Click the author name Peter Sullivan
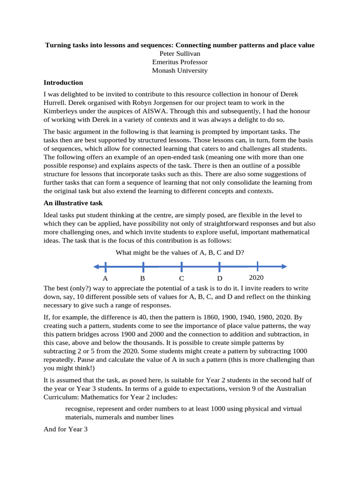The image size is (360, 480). pyautogui.click(x=180, y=53)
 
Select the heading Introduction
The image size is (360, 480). pyautogui.click(x=63, y=82)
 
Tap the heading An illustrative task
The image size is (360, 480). pyautogui.click(x=73, y=203)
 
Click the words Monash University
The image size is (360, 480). pyautogui.click(x=180, y=71)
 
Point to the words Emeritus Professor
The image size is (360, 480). pyautogui.click(x=180, y=62)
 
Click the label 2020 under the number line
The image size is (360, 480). pyautogui.click(x=256, y=277)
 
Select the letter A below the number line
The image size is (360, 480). pyautogui.click(x=105, y=278)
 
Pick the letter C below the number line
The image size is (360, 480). pyautogui.click(x=181, y=278)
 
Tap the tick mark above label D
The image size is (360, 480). pyautogui.click(x=219, y=267)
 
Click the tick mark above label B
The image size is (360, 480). pyautogui.click(x=143, y=267)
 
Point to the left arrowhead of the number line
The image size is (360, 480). pyautogui.click(x=96, y=267)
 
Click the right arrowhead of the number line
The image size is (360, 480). pyautogui.click(x=284, y=267)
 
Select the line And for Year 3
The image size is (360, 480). pyautogui.click(x=66, y=429)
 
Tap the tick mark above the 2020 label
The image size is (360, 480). pyautogui.click(x=257, y=267)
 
